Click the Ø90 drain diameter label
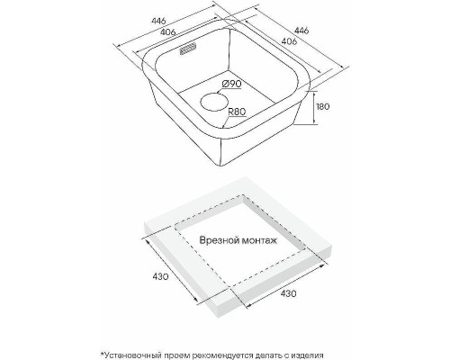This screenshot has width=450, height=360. [232, 84]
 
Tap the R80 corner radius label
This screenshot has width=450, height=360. [237, 112]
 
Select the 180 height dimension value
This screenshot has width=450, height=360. [323, 106]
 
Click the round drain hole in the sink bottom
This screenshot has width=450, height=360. [214, 102]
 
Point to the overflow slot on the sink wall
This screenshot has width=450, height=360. [188, 49]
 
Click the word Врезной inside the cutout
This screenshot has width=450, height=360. [220, 240]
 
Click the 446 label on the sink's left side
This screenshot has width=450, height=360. [158, 21]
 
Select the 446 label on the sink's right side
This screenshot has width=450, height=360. [301, 31]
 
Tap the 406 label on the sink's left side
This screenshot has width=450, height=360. [167, 31]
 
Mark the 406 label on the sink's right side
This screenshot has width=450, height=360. [290, 41]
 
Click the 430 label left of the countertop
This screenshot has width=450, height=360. [160, 276]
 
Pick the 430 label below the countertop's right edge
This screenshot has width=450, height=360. [288, 293]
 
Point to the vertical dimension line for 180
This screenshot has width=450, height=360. [314, 107]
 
